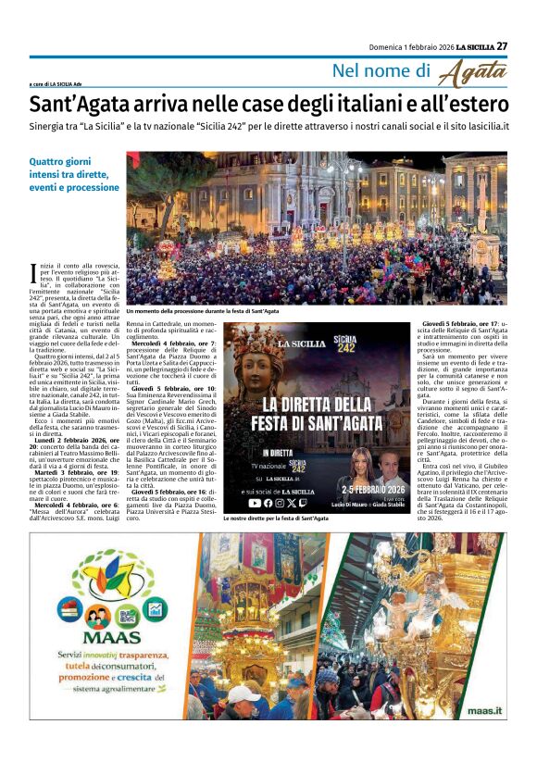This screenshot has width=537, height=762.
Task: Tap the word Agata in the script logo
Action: tap(473, 73)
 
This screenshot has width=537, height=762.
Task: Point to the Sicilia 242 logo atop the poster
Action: tap(345, 340)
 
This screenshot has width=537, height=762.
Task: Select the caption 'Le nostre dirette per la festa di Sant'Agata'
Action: tap(276, 519)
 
